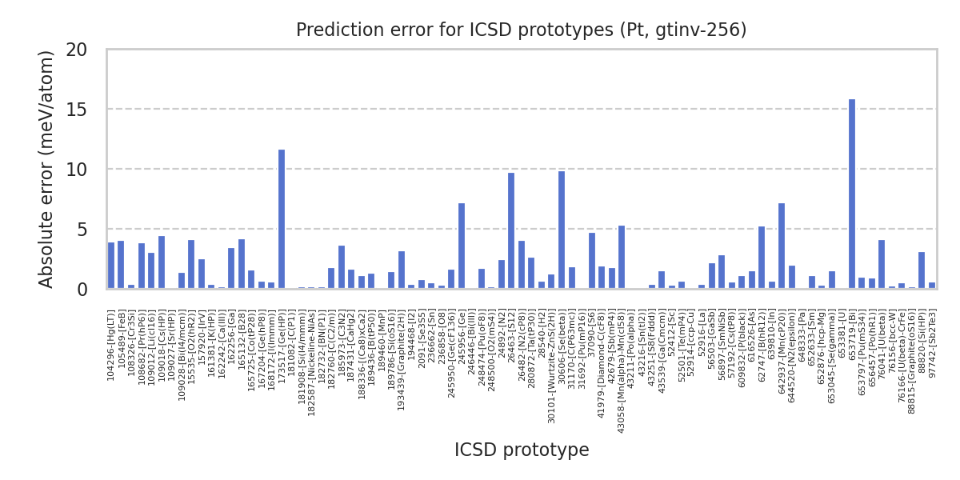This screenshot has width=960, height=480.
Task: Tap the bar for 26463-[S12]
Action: pyautogui.click(x=511, y=231)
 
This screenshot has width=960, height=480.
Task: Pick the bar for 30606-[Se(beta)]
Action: pyautogui.click(x=562, y=230)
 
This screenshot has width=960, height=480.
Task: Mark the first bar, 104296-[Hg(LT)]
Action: pyautogui.click(x=111, y=266)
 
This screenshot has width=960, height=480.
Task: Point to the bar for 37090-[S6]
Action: pyautogui.click(x=592, y=261)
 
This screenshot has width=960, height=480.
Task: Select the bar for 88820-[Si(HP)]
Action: pyautogui.click(x=922, y=270)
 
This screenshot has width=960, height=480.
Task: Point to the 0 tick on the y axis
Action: pyautogui.click(x=93, y=290)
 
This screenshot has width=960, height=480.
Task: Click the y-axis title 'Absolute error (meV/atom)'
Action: pyautogui.click(x=46, y=169)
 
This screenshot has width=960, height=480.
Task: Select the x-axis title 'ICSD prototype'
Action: pyautogui.click(x=522, y=450)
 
